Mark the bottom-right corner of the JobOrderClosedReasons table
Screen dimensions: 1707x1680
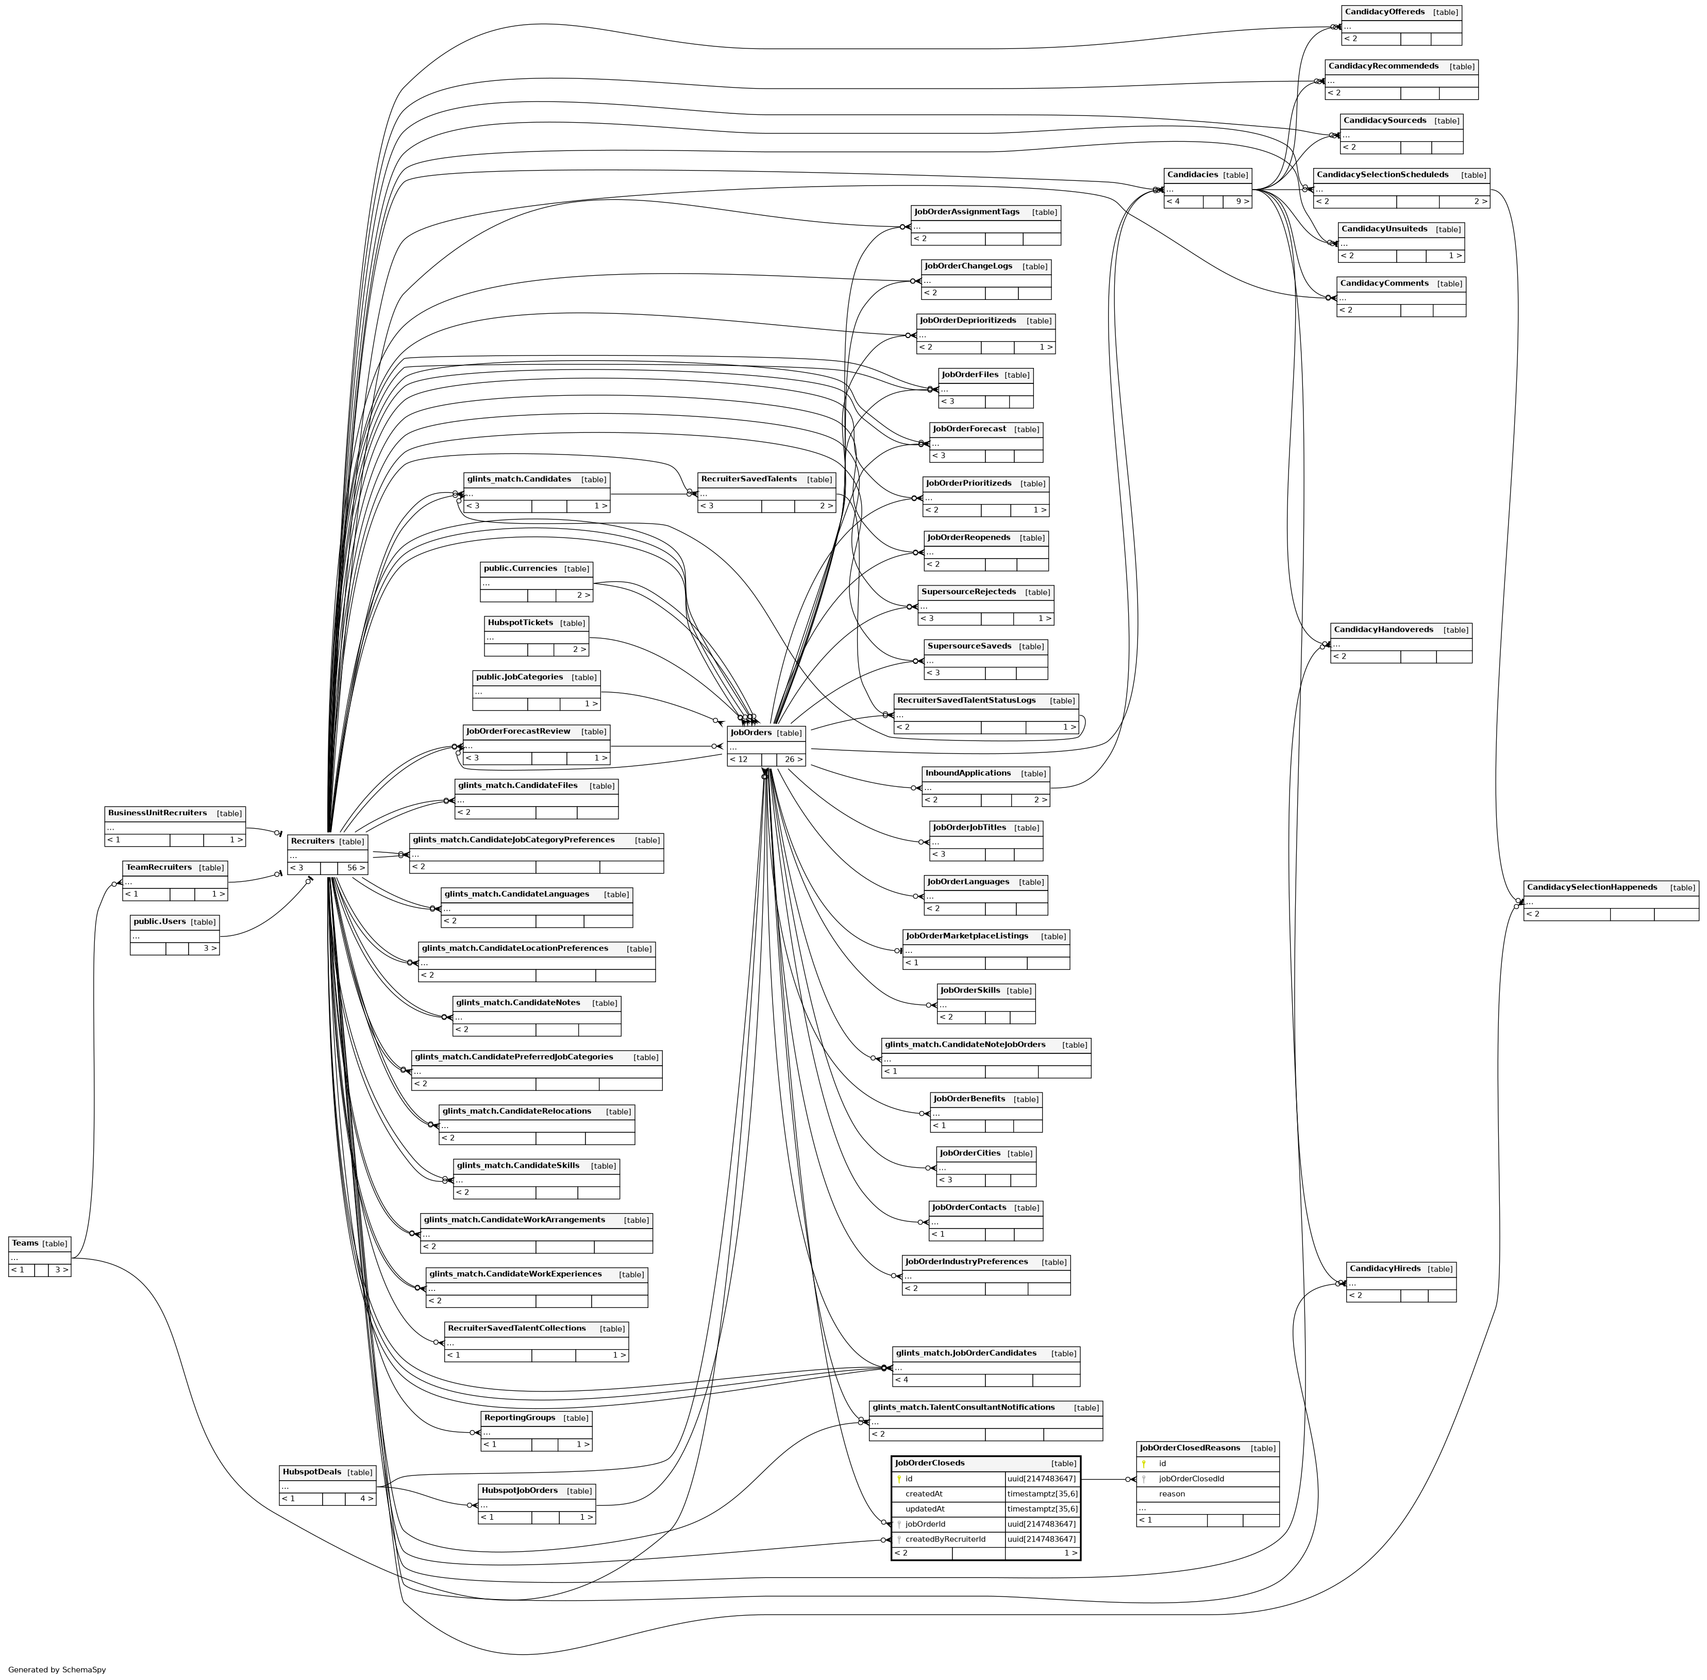pyautogui.click(x=1279, y=1526)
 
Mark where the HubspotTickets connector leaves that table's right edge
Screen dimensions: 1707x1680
pyautogui.click(x=589, y=637)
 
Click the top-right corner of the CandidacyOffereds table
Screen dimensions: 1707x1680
pyautogui.click(x=1462, y=5)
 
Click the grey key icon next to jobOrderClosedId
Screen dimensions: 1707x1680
pyautogui.click(x=1144, y=1479)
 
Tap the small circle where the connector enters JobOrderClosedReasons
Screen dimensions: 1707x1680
pyautogui.click(x=1128, y=1480)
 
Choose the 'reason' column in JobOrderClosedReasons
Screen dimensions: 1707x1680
pyautogui.click(x=1172, y=1494)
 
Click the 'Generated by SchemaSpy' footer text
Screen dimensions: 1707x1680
pyautogui.click(x=57, y=1669)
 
